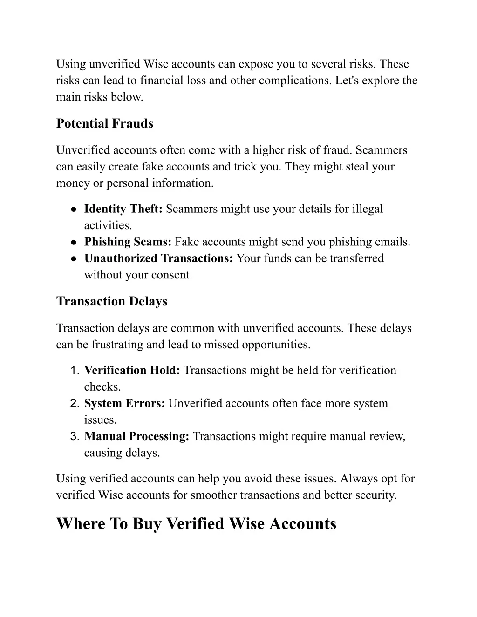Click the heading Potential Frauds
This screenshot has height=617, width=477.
coord(104,123)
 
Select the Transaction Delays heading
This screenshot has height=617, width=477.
coord(111,301)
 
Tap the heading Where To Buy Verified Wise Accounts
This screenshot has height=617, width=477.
coord(196,523)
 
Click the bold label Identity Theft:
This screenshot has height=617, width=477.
coord(123,209)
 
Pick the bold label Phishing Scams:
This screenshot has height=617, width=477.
coord(128,242)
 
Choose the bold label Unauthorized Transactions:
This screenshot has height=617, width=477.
coord(158,258)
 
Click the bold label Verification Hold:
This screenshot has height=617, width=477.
coord(132,370)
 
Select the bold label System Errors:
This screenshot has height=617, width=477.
coord(124,403)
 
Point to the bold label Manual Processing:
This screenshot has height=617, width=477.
coord(136,436)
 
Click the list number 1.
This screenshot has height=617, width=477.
coord(75,371)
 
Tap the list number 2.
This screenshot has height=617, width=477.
coord(75,404)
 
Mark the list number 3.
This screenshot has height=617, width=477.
coord(75,437)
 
